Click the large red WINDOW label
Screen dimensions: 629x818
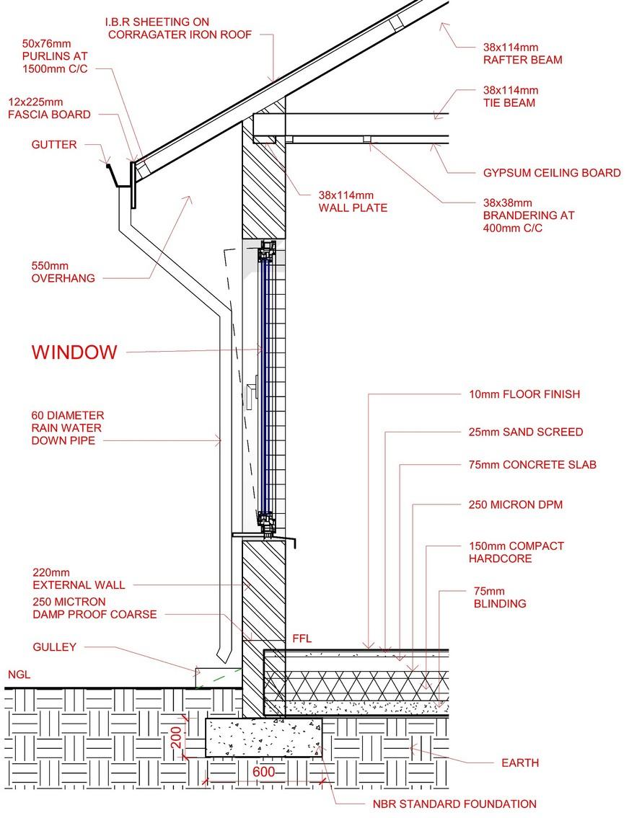tap(74, 352)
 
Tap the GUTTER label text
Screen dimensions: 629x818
tap(54, 145)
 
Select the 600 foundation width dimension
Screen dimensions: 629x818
tap(264, 772)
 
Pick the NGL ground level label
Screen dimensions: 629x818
tap(19, 675)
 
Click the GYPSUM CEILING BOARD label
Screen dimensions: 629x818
tap(551, 173)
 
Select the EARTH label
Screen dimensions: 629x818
tap(519, 763)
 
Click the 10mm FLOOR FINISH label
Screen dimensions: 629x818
tap(524, 394)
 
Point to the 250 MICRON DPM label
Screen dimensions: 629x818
tap(515, 504)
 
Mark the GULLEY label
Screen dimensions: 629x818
tap(54, 647)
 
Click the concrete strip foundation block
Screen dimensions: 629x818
tap(263, 737)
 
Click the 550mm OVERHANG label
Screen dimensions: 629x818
tap(63, 271)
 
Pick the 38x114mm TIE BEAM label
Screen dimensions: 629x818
tap(510, 97)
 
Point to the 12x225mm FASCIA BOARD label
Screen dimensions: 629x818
tap(49, 108)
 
